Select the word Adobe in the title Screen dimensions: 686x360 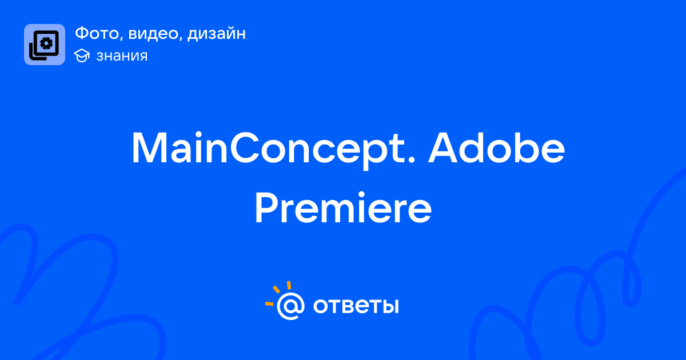(x=496, y=147)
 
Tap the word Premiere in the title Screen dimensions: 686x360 (x=343, y=207)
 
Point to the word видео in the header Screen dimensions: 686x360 (x=153, y=33)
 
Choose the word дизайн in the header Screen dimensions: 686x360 (x=217, y=34)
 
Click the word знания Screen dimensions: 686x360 (x=122, y=56)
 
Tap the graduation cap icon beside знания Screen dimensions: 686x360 (x=82, y=55)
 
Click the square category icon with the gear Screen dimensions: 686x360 (x=45, y=45)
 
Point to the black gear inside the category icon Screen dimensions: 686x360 (x=46, y=43)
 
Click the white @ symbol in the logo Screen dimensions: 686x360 (x=290, y=306)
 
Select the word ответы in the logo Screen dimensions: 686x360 (x=356, y=306)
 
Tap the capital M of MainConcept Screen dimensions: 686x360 (x=149, y=148)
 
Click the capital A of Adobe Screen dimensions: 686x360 (x=444, y=148)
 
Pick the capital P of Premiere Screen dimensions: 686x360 (x=267, y=207)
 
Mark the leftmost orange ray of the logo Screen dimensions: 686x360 (x=269, y=303)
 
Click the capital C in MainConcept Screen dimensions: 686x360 (x=245, y=148)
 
